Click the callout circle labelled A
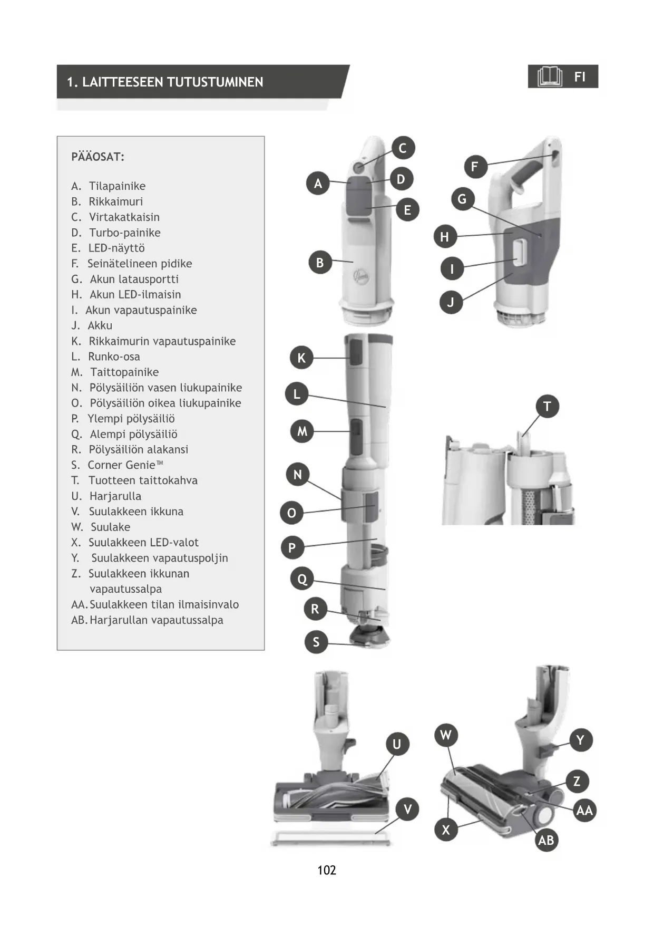318,184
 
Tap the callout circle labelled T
547,407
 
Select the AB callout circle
546,840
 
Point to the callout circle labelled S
316,642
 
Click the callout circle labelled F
475,167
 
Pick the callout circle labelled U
397,744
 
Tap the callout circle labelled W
446,735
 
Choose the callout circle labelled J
451,302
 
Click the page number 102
327,870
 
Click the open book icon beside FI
550,77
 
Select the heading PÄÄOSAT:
98,157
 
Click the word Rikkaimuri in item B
115,201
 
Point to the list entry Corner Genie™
125,465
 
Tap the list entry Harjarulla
115,496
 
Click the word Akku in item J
100,325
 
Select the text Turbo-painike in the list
124,233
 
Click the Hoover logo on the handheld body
361,275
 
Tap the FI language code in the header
580,77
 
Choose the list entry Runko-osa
114,356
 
